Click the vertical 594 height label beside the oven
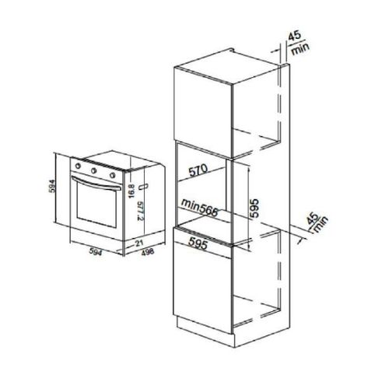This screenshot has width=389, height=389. point(52,186)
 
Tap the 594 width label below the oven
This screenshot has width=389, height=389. point(96,251)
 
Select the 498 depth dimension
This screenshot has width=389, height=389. point(148,251)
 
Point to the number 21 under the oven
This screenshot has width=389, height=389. point(139,243)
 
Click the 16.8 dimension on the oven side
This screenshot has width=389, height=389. point(131,191)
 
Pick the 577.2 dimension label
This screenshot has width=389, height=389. point(140,211)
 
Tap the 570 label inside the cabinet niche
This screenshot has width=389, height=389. point(198,170)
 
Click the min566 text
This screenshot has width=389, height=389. point(199,208)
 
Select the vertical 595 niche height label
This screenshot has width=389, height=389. point(254,208)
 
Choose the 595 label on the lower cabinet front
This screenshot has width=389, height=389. point(198,243)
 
